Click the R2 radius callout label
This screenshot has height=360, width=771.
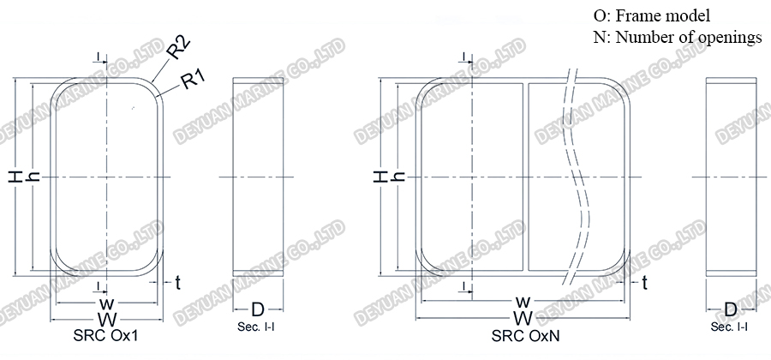tap(179, 49)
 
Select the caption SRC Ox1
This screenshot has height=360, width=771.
tap(105, 335)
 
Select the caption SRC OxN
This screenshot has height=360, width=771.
tap(526, 335)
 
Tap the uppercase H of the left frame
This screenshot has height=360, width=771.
tap(15, 177)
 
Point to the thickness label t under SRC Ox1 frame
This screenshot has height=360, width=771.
tap(177, 282)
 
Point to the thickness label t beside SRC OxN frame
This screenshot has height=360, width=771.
tap(644, 282)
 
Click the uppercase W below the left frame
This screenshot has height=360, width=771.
tap(107, 319)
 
